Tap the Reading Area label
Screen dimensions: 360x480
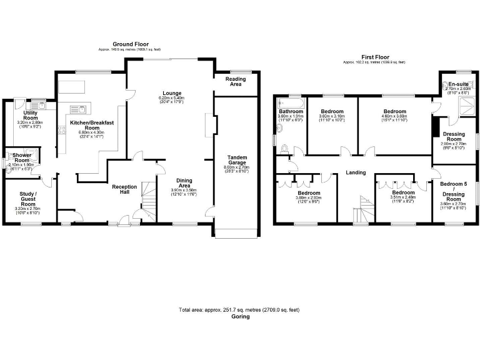(x=236, y=81)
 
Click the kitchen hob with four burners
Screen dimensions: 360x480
(x=61, y=130)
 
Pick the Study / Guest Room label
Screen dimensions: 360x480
(x=28, y=201)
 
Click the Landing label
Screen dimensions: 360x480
(x=356, y=173)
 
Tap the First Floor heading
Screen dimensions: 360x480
(x=374, y=56)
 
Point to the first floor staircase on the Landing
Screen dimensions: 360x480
(x=362, y=209)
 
